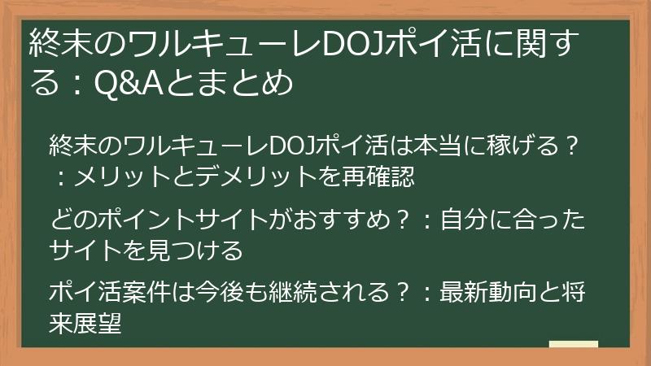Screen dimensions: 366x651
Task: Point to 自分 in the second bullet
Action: (462, 220)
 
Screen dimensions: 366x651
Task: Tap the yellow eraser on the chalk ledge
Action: (573, 343)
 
